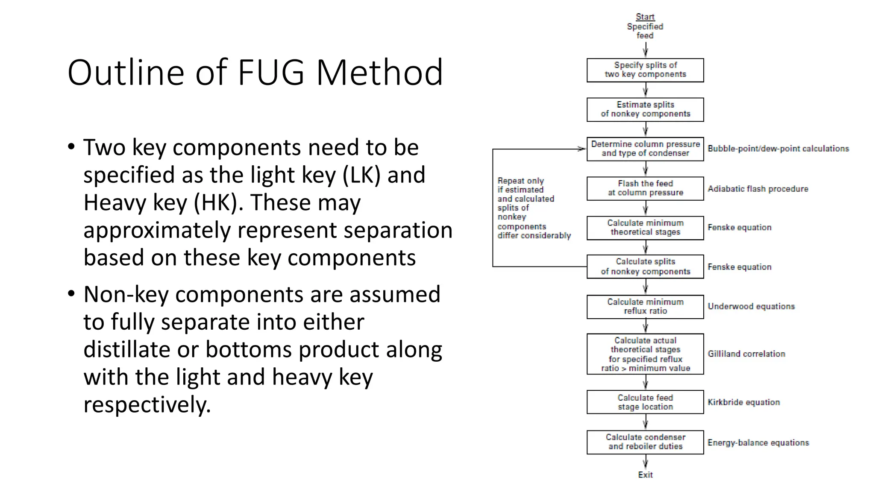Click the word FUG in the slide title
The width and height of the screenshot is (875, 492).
click(271, 73)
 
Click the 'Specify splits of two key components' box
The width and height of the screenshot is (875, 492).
click(645, 70)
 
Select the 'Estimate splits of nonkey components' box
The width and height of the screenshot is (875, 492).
click(645, 109)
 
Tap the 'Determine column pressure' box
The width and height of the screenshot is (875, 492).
click(645, 149)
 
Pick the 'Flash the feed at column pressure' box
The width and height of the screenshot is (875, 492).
click(645, 188)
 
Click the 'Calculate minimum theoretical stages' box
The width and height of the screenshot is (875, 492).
click(645, 228)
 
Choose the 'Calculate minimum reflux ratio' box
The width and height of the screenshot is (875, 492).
click(645, 307)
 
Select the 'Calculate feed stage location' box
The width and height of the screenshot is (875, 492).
click(645, 402)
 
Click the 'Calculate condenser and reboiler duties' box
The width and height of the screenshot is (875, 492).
click(645, 442)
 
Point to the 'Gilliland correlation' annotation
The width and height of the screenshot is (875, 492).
click(746, 354)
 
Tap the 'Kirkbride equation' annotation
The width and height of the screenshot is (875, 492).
click(744, 402)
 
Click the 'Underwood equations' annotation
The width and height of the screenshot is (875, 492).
click(751, 306)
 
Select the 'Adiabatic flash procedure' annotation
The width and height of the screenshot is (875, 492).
click(758, 189)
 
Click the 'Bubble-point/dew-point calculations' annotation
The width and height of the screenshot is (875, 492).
click(778, 149)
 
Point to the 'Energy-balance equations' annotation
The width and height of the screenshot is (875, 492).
click(758, 442)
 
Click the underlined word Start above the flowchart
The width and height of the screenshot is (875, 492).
click(645, 17)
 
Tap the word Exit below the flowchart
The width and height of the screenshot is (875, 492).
click(645, 475)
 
